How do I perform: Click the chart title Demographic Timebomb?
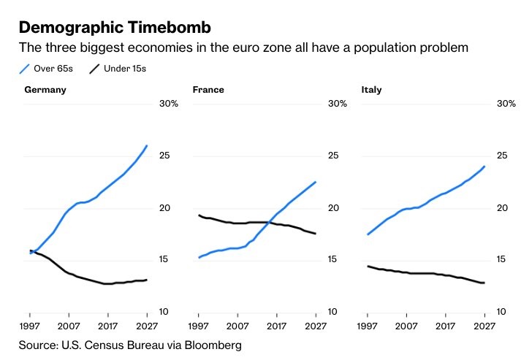[115, 28]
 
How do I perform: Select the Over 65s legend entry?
[46, 69]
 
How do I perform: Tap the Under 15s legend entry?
[118, 69]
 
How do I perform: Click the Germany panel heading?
[45, 90]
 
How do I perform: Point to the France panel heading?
[208, 90]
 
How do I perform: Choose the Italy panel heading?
[371, 90]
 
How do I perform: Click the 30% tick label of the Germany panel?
[169, 104]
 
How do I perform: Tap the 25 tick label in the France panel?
[333, 156]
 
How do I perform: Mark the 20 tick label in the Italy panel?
[502, 208]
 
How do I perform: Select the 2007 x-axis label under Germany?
[69, 326]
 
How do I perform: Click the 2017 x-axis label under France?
[276, 326]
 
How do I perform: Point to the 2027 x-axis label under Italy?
[484, 326]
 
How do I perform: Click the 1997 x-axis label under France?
[199, 326]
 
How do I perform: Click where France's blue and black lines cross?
[269, 223]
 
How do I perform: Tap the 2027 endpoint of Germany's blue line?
[147, 146]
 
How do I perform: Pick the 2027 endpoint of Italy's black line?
[484, 283]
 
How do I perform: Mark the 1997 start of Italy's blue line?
[368, 234]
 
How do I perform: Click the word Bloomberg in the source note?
[213, 345]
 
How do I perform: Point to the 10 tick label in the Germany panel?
[164, 312]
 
